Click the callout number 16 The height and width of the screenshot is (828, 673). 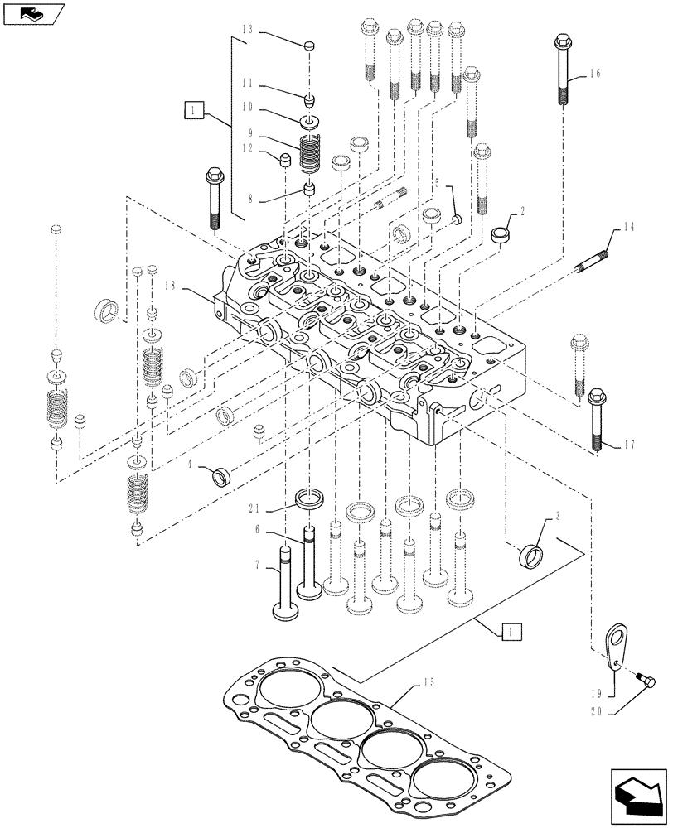595,74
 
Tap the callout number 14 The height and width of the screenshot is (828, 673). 627,226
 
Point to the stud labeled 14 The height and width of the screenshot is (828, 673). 592,256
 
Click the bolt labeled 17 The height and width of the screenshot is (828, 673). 596,419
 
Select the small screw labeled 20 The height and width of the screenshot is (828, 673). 647,680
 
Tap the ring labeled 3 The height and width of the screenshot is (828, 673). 530,553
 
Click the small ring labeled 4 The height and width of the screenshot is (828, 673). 224,478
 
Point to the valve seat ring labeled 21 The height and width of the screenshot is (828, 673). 308,501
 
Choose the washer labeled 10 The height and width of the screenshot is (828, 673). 310,123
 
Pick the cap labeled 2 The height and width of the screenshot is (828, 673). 501,234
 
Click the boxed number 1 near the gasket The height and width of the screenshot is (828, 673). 511,632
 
